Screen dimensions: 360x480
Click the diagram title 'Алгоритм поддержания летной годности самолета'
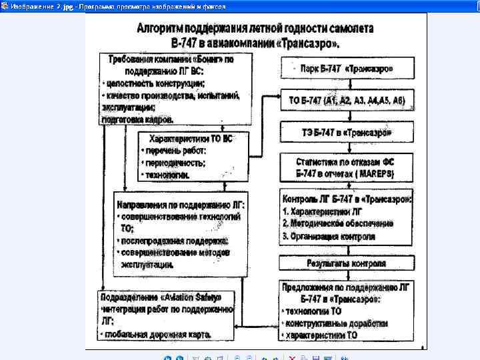255,29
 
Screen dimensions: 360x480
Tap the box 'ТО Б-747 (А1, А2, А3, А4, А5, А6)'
347,101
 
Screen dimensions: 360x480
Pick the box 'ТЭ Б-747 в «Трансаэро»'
347,133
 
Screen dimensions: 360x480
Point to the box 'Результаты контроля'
346,263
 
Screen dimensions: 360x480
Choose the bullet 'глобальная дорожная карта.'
157,333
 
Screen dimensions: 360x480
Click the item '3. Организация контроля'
329,236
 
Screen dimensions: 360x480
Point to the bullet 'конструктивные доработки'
336,323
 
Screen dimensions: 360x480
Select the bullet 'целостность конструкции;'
155,83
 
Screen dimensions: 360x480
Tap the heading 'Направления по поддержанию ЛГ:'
181,205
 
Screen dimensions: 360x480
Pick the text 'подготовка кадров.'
137,120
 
